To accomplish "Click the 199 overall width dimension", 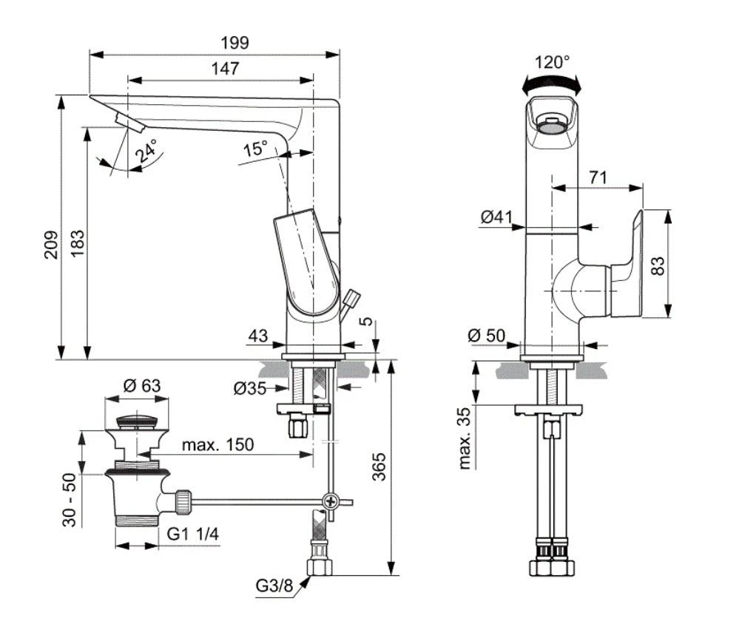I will pos(237,42).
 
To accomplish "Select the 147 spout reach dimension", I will pos(224,69).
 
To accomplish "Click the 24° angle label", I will pos(145,152).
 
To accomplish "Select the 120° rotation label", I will pos(553,62).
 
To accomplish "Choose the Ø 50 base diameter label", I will pos(487,335).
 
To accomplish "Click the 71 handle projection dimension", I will pos(599,177).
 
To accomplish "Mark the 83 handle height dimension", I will pos(657,264).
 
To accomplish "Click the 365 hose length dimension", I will pos(378,467).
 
